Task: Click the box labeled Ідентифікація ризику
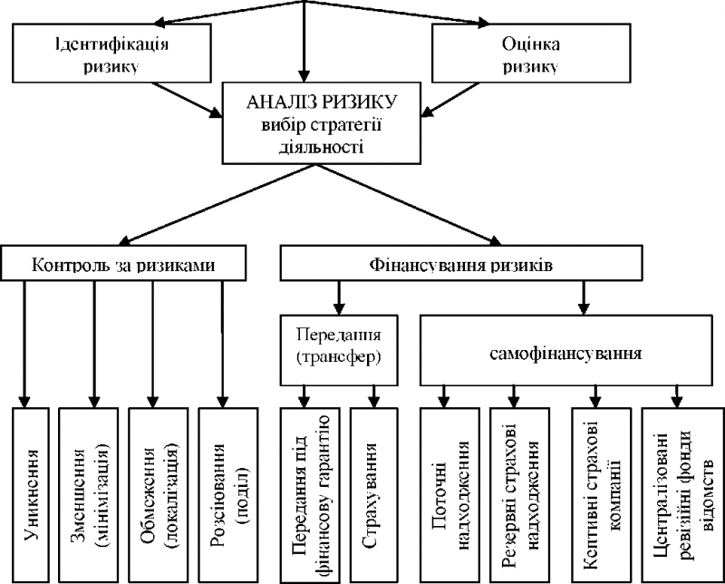click(111, 54)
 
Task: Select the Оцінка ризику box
click(531, 54)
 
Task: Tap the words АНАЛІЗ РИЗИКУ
click(322, 102)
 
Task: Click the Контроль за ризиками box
click(123, 263)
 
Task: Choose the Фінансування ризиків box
click(461, 263)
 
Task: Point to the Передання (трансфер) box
click(339, 350)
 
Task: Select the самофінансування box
click(565, 350)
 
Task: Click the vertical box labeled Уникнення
click(31, 495)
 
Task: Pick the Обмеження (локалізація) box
click(158, 495)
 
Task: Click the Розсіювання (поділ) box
click(228, 495)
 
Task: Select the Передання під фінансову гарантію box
click(310, 495)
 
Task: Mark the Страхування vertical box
click(373, 495)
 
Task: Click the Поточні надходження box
click(449, 495)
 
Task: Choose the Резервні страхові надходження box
click(519, 495)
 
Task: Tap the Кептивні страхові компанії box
click(602, 495)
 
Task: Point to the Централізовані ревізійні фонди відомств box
click(682, 495)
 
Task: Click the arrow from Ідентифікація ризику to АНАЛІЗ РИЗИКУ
click(188, 100)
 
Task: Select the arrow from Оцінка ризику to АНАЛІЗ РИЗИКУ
click(449, 100)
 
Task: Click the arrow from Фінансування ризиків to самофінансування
click(584, 297)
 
